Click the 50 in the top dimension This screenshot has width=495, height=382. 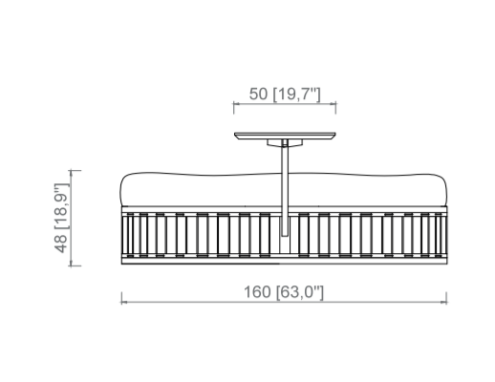tap(258, 94)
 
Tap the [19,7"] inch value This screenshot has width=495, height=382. tap(297, 95)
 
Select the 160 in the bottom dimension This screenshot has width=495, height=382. tap(257, 292)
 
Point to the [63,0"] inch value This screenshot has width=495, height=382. tap(300, 292)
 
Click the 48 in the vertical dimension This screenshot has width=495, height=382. tap(61, 244)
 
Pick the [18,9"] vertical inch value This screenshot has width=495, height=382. tap(61, 206)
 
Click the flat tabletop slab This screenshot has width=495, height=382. tap(285, 136)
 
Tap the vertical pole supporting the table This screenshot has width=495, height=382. tap(285, 188)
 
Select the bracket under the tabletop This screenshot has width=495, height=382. tap(285, 143)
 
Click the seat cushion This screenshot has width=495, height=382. tap(283, 190)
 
